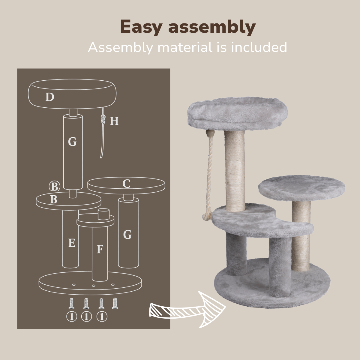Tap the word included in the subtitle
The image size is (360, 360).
(259, 47)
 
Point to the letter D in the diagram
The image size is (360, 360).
(50, 97)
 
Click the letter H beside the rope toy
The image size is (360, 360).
(114, 121)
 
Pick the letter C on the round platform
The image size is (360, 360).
(126, 184)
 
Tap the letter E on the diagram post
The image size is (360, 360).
(72, 243)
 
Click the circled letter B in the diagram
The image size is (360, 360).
(55, 186)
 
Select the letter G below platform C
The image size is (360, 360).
(127, 235)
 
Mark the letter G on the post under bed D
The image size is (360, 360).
(72, 142)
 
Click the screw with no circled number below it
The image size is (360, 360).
(115, 303)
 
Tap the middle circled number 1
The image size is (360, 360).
(86, 317)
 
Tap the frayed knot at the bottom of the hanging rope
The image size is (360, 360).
(207, 217)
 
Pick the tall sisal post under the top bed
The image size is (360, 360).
(235, 171)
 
